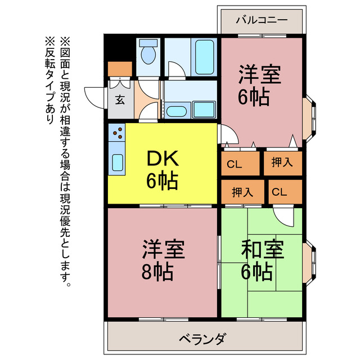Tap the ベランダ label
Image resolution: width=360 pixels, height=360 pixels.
203,339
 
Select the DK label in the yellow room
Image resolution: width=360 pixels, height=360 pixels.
161,159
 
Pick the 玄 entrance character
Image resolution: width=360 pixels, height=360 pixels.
120,101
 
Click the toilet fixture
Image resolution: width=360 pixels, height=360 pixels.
149,55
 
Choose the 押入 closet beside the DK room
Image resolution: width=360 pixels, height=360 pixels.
242,191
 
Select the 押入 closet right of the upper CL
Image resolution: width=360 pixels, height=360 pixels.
282,163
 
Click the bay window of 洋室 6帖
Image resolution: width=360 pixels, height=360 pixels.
308,118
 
